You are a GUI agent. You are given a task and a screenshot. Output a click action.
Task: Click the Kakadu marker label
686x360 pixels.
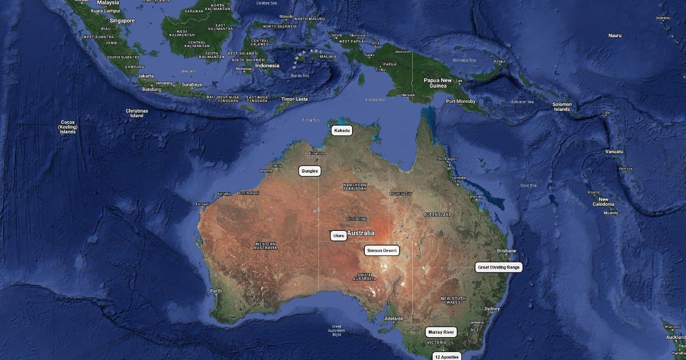[x=342, y=131]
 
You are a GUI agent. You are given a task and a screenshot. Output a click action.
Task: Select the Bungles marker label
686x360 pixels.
[x=309, y=171]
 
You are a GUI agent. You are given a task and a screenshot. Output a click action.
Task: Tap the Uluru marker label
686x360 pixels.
[x=338, y=235]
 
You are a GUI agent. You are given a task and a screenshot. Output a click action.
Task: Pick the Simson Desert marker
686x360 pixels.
[x=382, y=250]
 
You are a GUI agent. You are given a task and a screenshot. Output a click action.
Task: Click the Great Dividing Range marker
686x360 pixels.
[x=498, y=267]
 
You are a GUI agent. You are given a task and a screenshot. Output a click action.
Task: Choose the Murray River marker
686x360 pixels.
[x=441, y=332]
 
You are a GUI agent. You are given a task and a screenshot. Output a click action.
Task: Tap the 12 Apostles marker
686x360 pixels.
[x=446, y=357]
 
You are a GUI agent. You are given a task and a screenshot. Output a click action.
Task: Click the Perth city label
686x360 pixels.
[x=216, y=291]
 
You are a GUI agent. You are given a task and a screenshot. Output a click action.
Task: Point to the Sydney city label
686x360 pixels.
[x=492, y=309]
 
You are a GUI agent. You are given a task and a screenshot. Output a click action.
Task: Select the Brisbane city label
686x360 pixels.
[x=506, y=251]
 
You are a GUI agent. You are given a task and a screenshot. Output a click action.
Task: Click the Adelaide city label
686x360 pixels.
[x=394, y=318]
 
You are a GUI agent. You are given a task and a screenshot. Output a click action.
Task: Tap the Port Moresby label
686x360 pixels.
[x=461, y=102]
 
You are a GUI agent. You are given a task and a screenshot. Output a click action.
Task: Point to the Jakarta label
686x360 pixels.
[x=146, y=75]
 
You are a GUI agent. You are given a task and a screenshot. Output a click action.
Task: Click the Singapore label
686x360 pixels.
[x=122, y=21]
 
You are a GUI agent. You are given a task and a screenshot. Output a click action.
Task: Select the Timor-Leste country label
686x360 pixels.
[x=294, y=99]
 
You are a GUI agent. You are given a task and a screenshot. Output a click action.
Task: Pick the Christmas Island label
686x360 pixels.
[x=137, y=113]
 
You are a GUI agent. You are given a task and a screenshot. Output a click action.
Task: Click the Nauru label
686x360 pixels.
[x=615, y=35]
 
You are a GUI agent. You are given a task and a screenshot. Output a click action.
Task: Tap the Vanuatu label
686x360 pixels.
[x=615, y=151]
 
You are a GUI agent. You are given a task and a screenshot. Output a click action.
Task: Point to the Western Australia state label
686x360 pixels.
[x=265, y=246]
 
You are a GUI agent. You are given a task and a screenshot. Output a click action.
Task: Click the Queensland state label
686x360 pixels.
[x=437, y=214]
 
